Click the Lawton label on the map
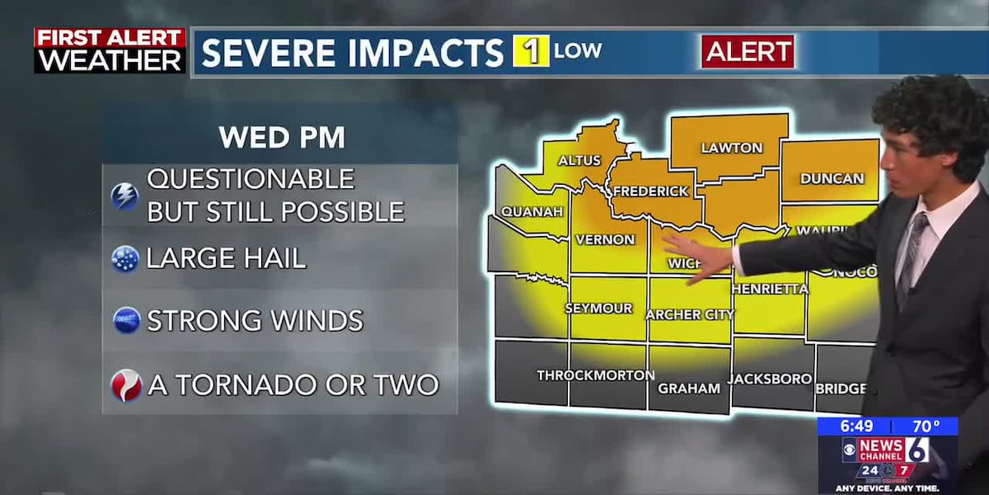731,148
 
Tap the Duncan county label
832,178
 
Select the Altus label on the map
579,160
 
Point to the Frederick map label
649,191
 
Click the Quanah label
532,212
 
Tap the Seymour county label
598,309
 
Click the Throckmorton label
595,375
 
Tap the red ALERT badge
748,52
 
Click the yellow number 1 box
531,51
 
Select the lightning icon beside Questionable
124,196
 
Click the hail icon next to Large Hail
125,259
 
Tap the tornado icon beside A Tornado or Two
126,385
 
